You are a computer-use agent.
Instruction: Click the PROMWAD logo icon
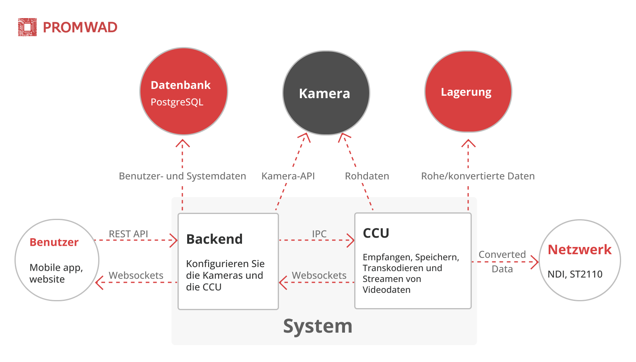tap(27, 27)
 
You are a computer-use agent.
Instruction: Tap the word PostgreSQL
tap(177, 102)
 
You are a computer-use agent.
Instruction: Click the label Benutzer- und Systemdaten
tap(182, 176)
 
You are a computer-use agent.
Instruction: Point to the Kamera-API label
tap(288, 176)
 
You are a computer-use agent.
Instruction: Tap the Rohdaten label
tap(367, 176)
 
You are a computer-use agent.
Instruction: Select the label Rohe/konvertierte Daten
tap(478, 176)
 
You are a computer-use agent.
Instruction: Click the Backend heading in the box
tap(214, 239)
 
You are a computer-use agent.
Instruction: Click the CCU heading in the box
tap(376, 233)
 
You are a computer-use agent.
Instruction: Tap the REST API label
tap(128, 234)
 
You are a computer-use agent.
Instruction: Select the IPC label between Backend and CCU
tap(319, 234)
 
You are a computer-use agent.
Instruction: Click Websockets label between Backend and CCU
tap(319, 276)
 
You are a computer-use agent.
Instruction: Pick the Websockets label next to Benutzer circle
tap(136, 276)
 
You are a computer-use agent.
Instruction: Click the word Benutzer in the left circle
tap(54, 242)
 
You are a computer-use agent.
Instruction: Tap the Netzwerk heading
tap(579, 250)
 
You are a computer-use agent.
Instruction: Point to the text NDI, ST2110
tap(575, 274)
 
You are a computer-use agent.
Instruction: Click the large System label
tap(318, 326)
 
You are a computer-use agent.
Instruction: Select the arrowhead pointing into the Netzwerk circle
tap(535, 262)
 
